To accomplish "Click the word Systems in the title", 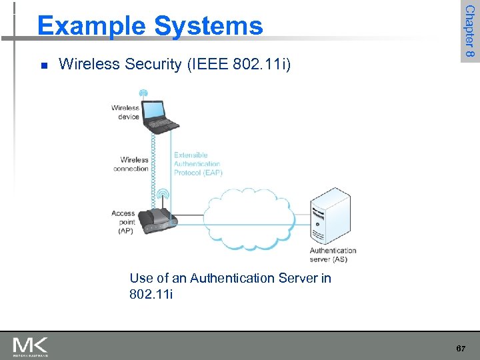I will tap(209, 26).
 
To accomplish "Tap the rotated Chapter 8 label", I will tap(470, 31).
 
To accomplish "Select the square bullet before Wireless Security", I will tap(43, 65).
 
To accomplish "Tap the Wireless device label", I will tap(125, 112).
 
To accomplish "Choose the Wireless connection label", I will tap(132, 164).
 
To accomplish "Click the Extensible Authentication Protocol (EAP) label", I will tap(198, 164).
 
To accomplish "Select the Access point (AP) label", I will tap(123, 222).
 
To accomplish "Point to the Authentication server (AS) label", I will tap(333, 255).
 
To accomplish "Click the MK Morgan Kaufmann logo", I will tap(30, 347).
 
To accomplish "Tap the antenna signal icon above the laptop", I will tap(143, 94).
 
